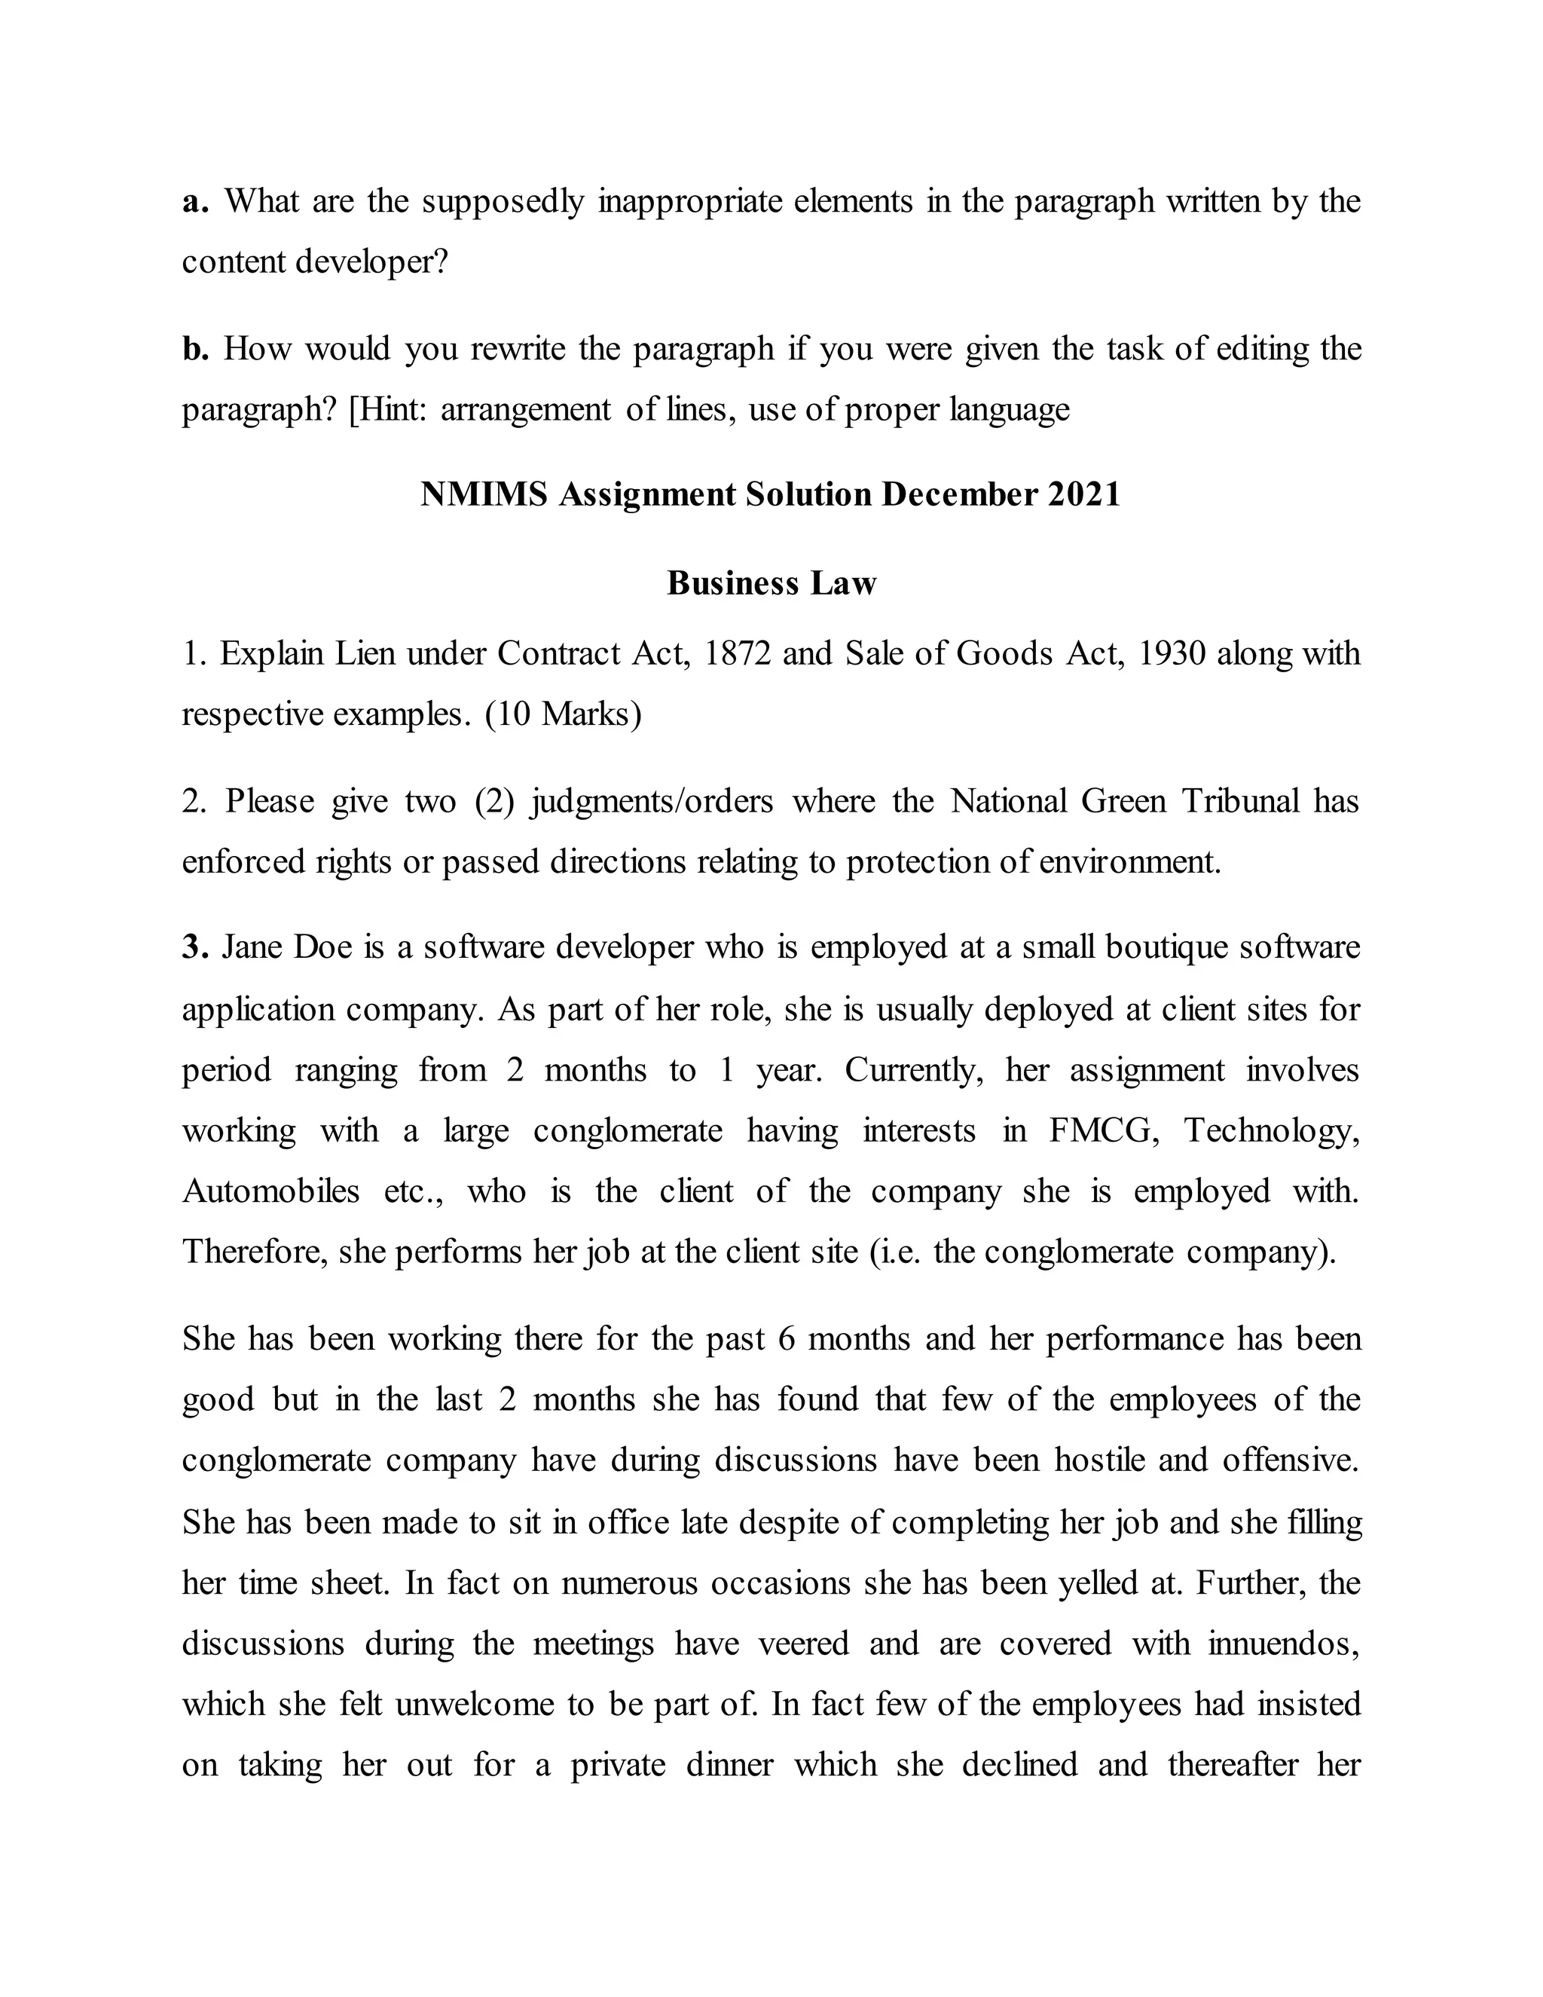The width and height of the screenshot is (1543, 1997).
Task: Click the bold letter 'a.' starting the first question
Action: tap(196, 202)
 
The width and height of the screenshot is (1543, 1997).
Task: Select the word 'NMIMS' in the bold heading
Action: tap(484, 494)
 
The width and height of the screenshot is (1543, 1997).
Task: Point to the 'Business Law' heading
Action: tap(771, 583)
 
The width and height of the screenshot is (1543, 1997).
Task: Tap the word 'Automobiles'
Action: tap(270, 1191)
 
